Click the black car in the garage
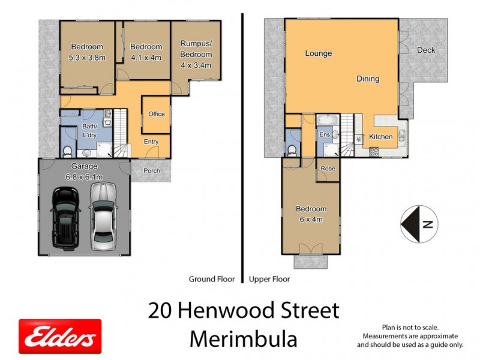pyautogui.click(x=65, y=217)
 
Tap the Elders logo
pyautogui.click(x=60, y=336)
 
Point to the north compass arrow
pyautogui.click(x=415, y=224)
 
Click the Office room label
pyautogui.click(x=157, y=114)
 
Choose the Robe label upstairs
pyautogui.click(x=328, y=169)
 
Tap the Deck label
pyautogui.click(x=426, y=50)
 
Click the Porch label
pyautogui.click(x=152, y=170)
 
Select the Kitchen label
pyautogui.click(x=380, y=137)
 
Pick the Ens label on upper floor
pyautogui.click(x=324, y=135)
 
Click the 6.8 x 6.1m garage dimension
pyautogui.click(x=84, y=177)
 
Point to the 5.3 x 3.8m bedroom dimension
pyautogui.click(x=88, y=58)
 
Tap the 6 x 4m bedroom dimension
pyautogui.click(x=311, y=219)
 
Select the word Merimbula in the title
pyautogui.click(x=244, y=339)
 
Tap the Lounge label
pyautogui.click(x=319, y=53)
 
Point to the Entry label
pyautogui.click(x=152, y=142)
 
